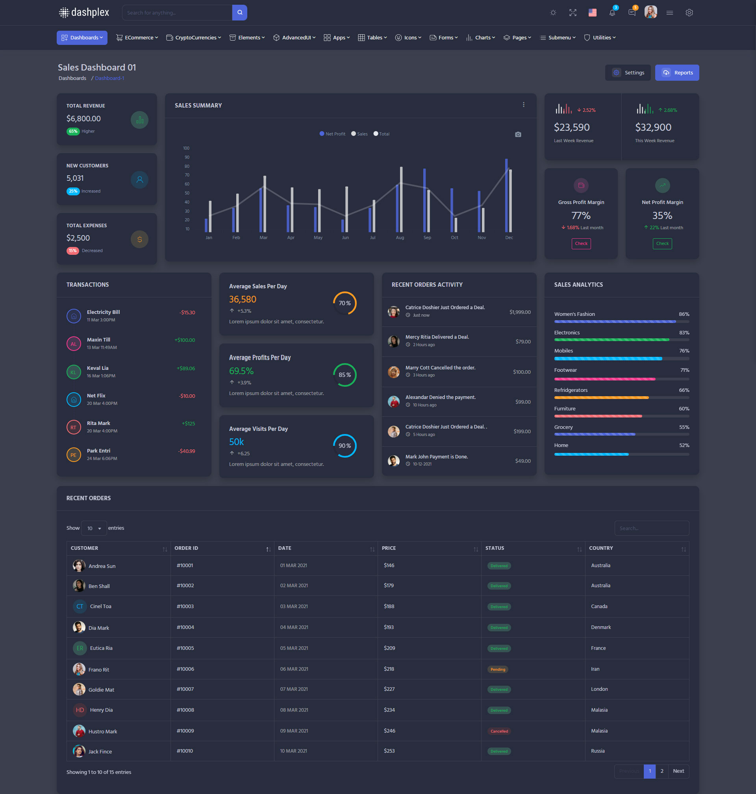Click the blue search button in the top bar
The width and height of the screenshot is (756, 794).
click(239, 13)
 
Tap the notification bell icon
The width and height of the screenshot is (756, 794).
click(612, 13)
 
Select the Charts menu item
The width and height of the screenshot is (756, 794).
click(481, 37)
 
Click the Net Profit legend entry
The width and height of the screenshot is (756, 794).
click(332, 134)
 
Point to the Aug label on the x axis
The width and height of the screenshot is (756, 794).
click(400, 237)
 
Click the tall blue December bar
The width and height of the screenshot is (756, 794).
click(506, 195)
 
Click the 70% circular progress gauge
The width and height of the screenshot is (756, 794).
click(345, 303)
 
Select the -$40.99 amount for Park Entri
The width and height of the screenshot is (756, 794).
click(186, 451)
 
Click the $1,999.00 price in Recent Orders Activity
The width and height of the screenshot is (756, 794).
click(520, 312)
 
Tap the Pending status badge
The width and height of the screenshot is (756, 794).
click(498, 670)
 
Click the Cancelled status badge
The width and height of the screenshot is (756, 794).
click(499, 731)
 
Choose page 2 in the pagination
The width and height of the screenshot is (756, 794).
click(662, 771)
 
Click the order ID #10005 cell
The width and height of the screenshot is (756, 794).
click(185, 648)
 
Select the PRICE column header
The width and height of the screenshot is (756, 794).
click(389, 548)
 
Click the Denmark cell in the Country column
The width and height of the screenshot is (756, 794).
click(601, 627)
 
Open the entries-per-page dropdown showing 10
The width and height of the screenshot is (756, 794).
click(94, 528)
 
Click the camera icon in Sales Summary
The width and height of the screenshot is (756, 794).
click(518, 134)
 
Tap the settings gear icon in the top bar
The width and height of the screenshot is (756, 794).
click(689, 13)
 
